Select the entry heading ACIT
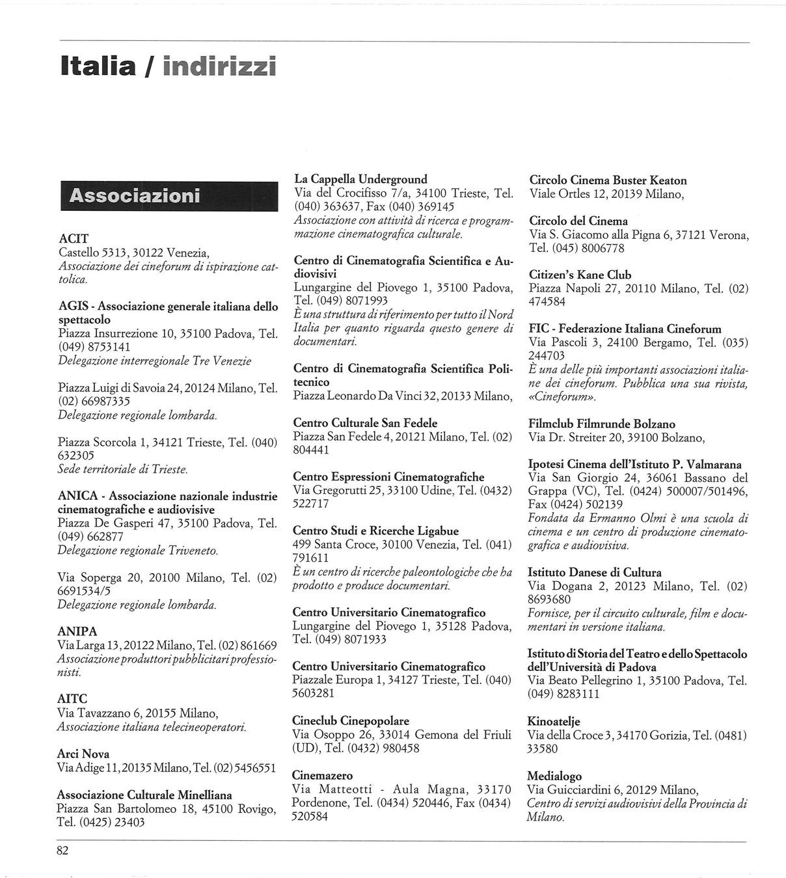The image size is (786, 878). (74, 238)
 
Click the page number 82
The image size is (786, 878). (62, 851)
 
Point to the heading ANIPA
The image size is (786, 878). (77, 631)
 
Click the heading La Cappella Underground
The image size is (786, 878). (360, 179)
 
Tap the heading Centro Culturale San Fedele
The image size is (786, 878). (365, 422)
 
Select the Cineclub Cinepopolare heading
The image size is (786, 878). (351, 720)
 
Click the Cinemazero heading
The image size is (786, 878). (322, 775)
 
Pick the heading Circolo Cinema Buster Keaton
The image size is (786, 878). (608, 180)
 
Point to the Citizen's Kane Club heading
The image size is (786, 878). (580, 275)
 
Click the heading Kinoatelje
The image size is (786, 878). (553, 721)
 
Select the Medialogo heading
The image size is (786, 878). (554, 776)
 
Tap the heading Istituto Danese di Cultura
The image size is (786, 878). (594, 572)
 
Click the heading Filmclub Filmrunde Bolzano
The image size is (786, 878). (602, 424)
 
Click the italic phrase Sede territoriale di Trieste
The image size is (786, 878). (123, 469)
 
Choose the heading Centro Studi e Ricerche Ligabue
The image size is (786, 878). (375, 530)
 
